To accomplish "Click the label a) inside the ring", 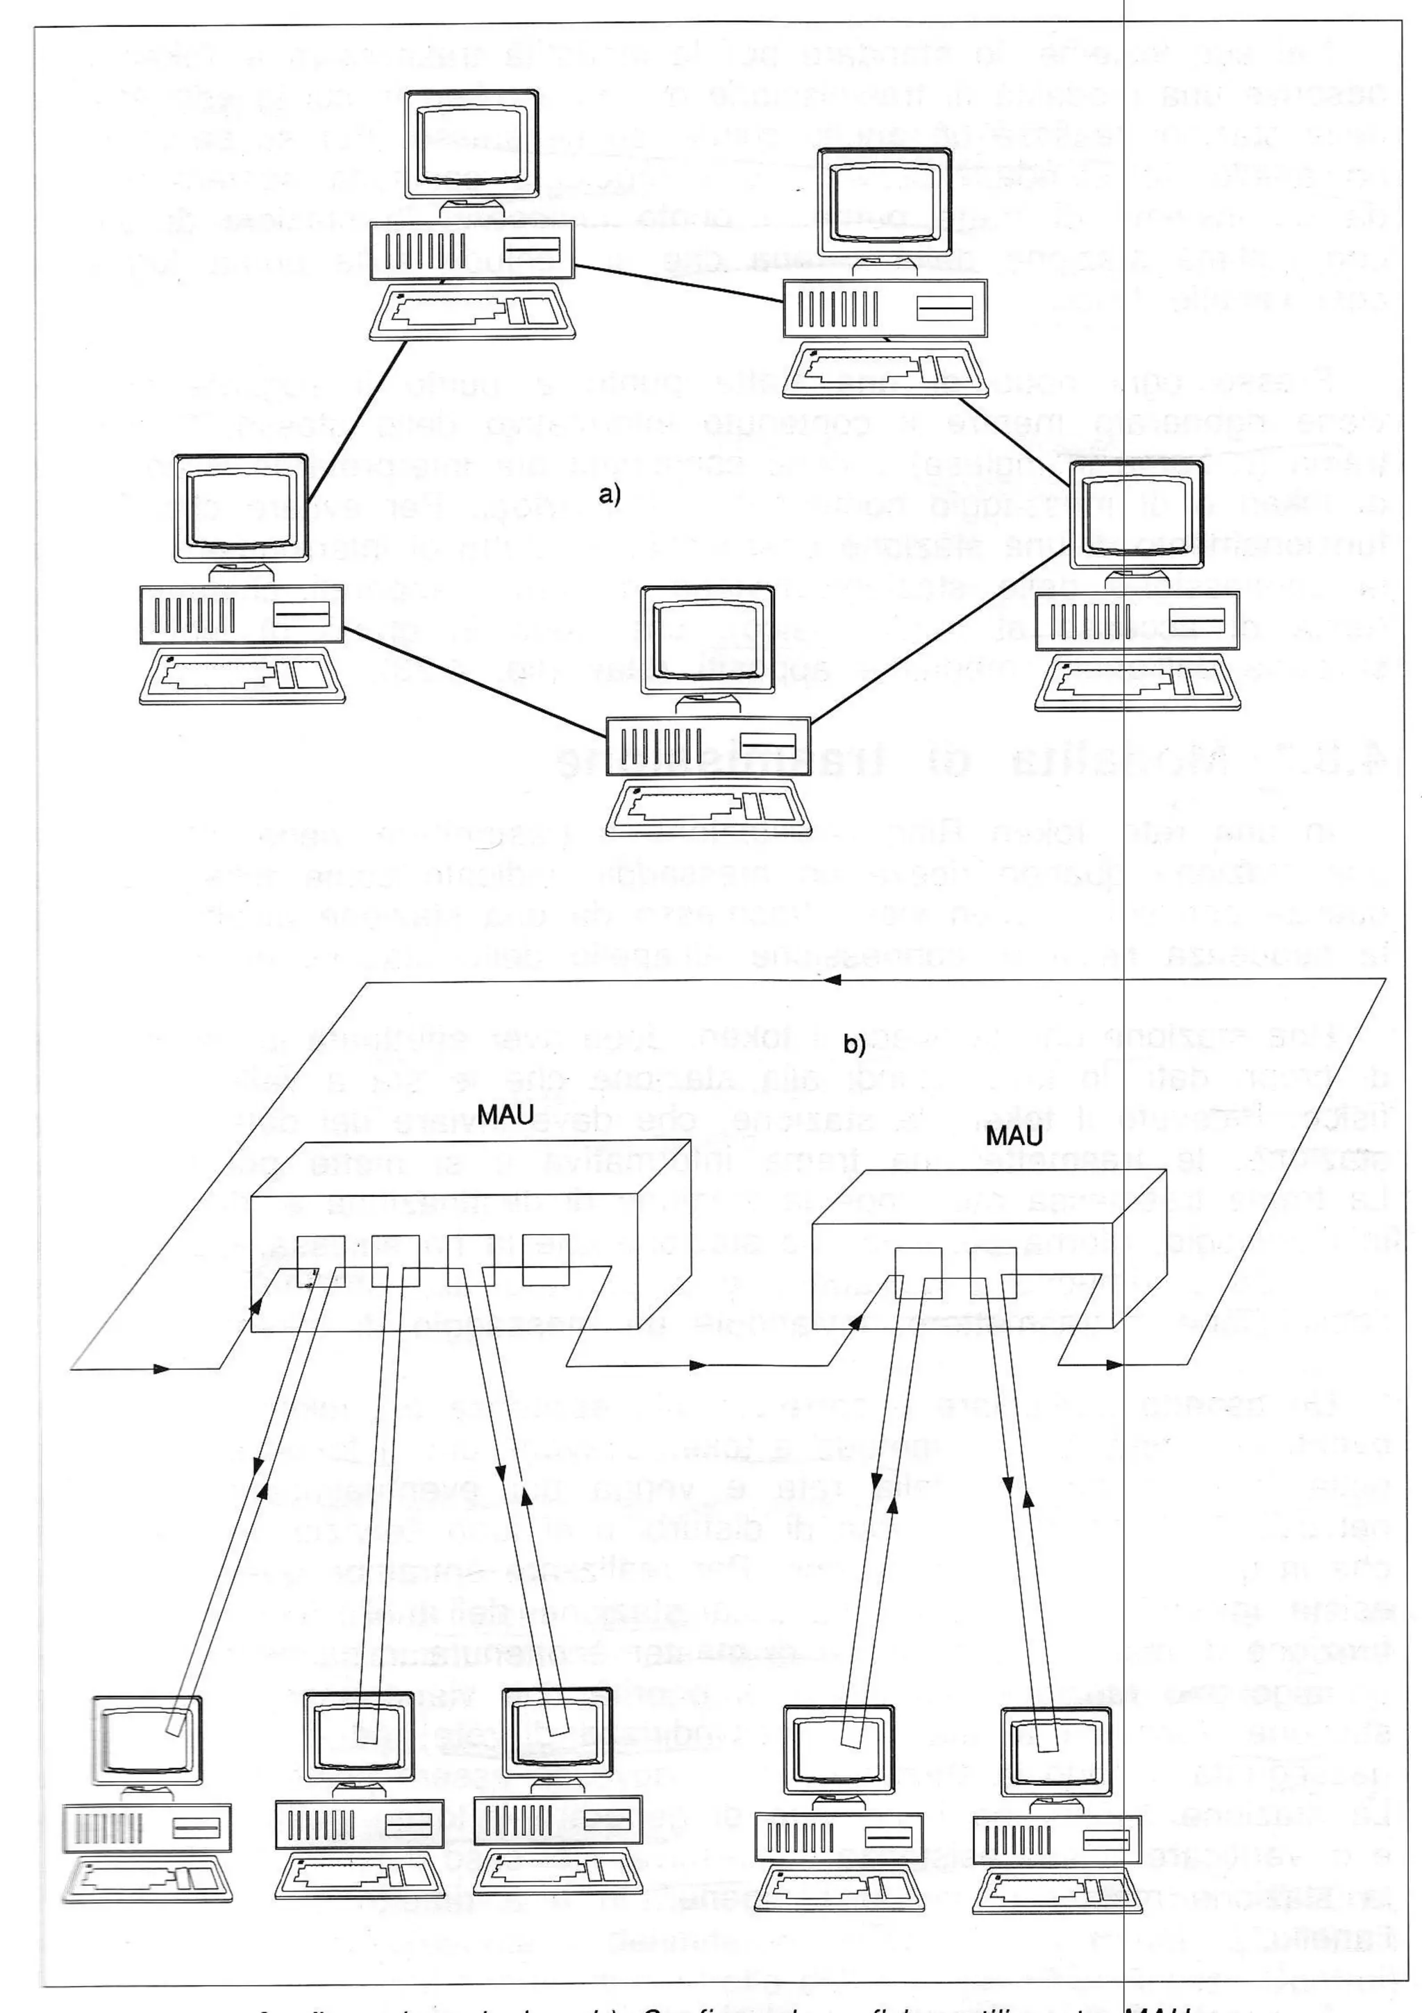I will point(610,495).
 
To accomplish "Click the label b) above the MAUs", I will point(853,1044).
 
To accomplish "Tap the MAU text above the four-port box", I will point(506,1115).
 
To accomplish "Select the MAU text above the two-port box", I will point(1014,1136).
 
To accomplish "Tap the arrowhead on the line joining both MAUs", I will point(698,1365).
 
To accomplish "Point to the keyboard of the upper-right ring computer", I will point(885,367).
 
